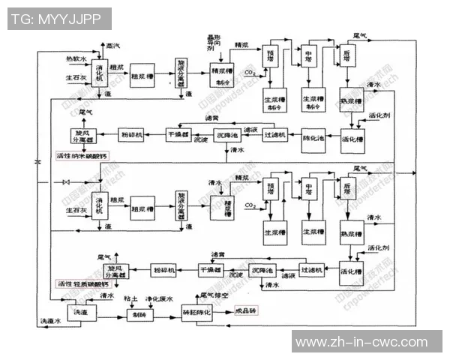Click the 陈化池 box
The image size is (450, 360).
pos(316,139)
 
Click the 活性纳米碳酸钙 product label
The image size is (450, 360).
pos(82,156)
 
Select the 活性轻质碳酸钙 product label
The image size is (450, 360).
pos(82,284)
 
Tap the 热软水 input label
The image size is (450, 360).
pos(76,58)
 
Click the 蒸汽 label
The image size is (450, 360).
pos(112,47)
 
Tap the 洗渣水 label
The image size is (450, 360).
pos(50,321)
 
